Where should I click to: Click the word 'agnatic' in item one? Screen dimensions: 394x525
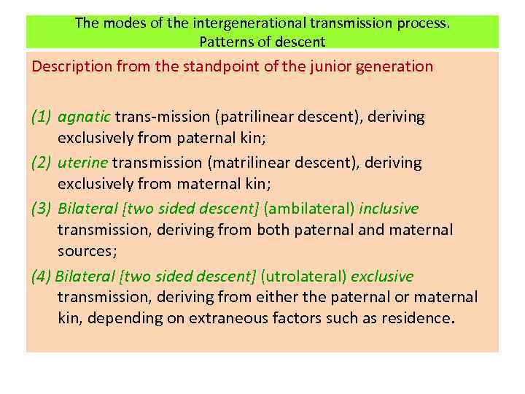coord(84,117)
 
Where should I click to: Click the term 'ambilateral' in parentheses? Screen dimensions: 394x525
coord(307,209)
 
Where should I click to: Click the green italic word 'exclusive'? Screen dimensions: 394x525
coord(382,277)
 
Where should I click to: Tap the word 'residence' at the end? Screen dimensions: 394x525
coord(415,319)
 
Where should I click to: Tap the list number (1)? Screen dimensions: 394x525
coord(41,117)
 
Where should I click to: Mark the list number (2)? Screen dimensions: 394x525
coord(41,163)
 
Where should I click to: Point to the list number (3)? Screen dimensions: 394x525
coord(41,209)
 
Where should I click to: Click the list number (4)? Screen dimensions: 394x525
coord(41,277)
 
